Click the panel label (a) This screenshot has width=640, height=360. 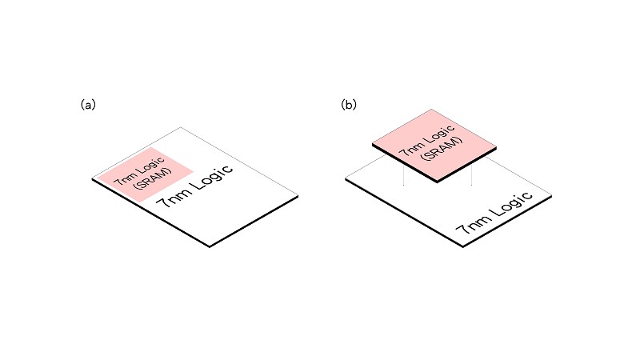[88, 105]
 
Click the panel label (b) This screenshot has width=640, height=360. [349, 105]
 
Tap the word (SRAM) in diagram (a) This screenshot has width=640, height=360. [153, 179]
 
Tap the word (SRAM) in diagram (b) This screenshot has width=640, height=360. [443, 149]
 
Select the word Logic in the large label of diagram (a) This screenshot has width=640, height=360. [211, 178]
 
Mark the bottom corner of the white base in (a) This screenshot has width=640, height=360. [210, 246]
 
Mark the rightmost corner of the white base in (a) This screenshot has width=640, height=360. [298, 196]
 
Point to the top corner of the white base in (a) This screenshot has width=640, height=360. [181, 128]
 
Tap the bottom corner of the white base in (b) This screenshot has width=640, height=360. [463, 246]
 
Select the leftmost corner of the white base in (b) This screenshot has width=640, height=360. [346, 178]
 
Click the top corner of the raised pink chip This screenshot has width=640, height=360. [431, 110]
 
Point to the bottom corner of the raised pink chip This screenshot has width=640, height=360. [437, 182]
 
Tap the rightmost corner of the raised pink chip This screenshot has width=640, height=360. [496, 147]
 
